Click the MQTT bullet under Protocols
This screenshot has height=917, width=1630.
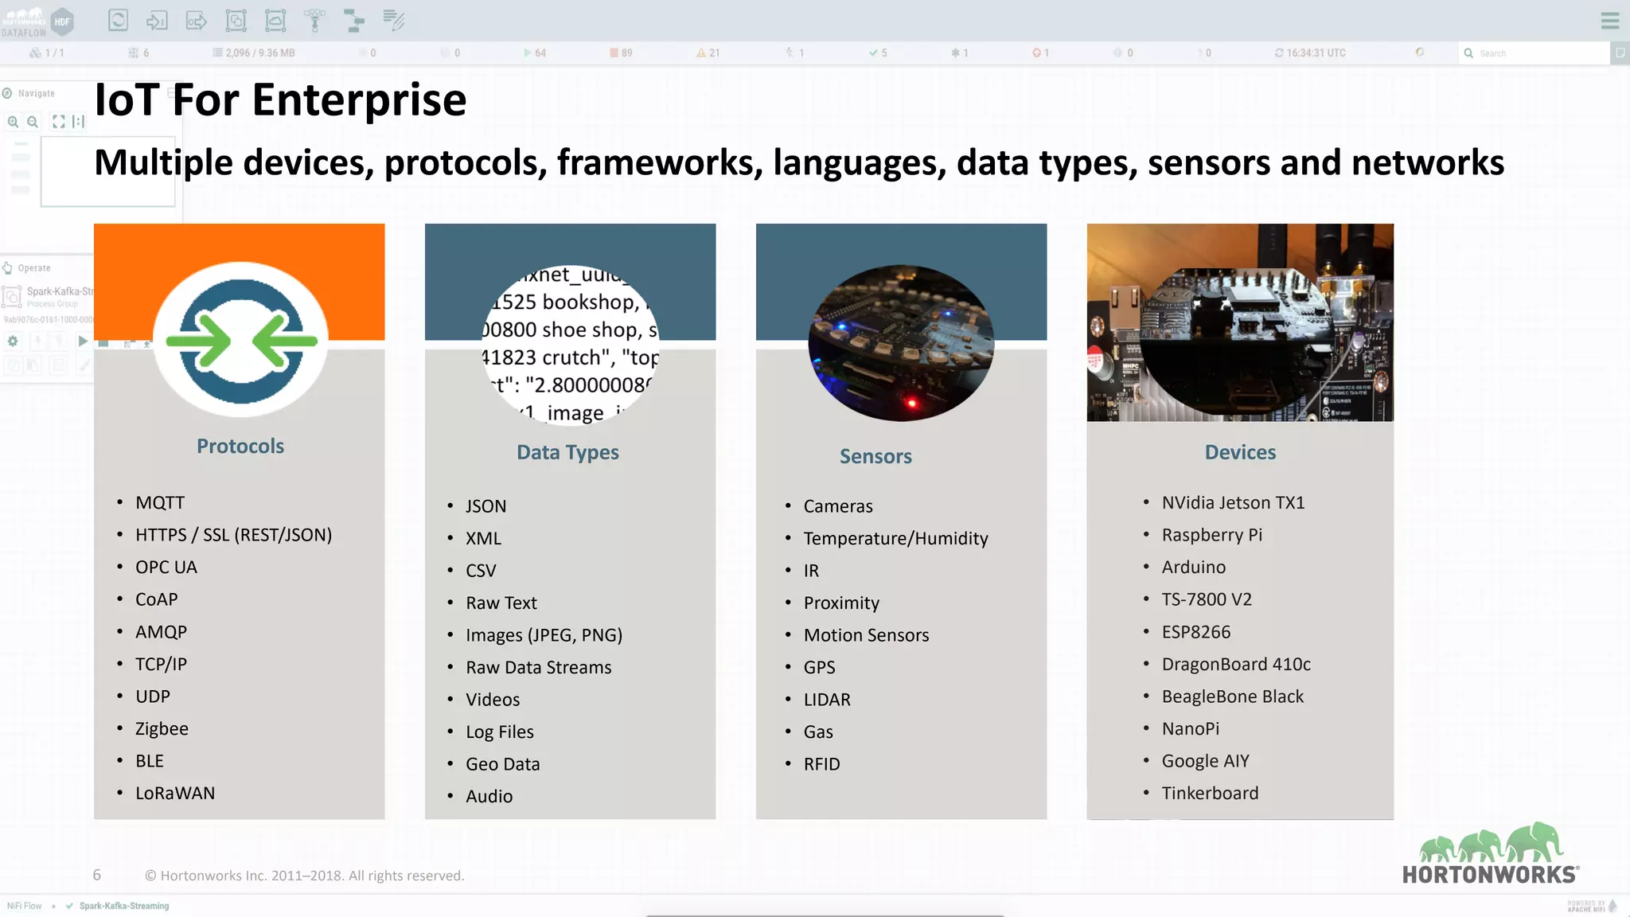click(x=160, y=503)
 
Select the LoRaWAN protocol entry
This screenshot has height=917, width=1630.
click(x=175, y=794)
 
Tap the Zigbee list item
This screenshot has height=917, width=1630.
click(x=162, y=729)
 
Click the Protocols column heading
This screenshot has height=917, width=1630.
click(x=240, y=447)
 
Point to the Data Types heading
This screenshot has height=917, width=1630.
click(x=567, y=453)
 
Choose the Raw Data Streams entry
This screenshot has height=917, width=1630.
click(x=538, y=668)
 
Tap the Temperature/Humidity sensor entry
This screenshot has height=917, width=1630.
click(x=895, y=539)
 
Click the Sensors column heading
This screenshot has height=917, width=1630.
click(x=875, y=457)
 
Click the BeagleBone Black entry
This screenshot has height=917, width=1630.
click(x=1232, y=697)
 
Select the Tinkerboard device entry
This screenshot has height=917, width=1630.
click(x=1210, y=794)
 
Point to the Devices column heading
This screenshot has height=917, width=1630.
click(x=1240, y=453)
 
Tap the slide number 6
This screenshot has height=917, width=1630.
click(x=97, y=876)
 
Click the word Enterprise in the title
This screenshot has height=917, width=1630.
click(x=359, y=101)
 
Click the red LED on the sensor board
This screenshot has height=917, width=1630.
click(x=912, y=403)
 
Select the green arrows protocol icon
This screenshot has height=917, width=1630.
click(x=241, y=341)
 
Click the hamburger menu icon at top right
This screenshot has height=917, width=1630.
click(x=1609, y=21)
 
